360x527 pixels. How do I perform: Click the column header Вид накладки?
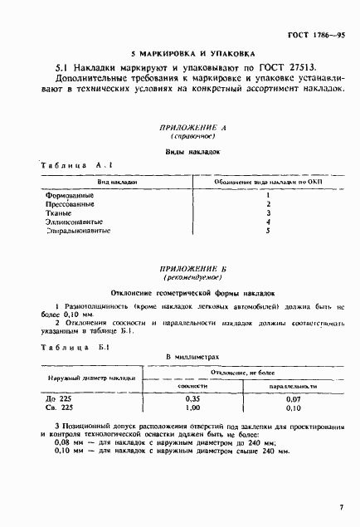click(x=116, y=180)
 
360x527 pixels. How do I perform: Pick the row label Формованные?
click(x=69, y=195)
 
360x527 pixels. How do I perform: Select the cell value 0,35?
click(x=192, y=399)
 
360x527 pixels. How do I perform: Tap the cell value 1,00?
click(x=192, y=408)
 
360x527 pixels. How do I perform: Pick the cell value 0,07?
click(x=292, y=399)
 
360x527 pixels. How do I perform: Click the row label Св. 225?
click(x=61, y=408)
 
